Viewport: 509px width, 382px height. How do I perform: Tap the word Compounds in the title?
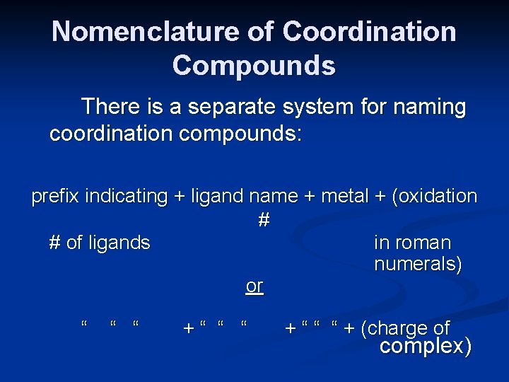coord(254,65)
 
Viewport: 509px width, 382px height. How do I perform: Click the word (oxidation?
coord(431,197)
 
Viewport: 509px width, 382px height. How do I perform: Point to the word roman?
coord(422,243)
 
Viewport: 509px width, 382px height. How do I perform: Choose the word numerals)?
coord(418,265)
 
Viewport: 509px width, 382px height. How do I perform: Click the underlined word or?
coord(254,286)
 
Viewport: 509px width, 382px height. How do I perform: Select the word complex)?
coord(425,347)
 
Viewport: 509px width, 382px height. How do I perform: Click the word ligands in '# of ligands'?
coord(119,243)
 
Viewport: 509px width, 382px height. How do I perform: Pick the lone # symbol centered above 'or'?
coord(264,220)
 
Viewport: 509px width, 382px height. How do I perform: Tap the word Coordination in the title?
coord(369,32)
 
